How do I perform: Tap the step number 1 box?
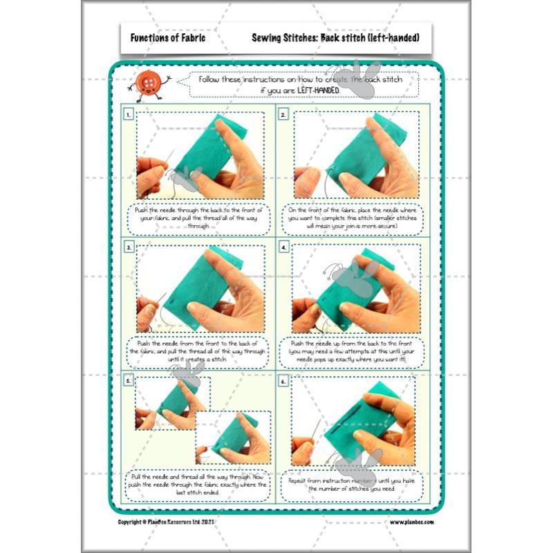(129, 115)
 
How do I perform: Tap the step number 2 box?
(283, 115)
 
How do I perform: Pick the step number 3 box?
(129, 246)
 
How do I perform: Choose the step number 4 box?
(283, 246)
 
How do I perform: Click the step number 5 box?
(129, 381)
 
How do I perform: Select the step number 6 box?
(283, 381)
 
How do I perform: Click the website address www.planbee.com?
(411, 522)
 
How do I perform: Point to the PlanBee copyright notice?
(176, 522)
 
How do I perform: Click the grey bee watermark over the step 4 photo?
(353, 273)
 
